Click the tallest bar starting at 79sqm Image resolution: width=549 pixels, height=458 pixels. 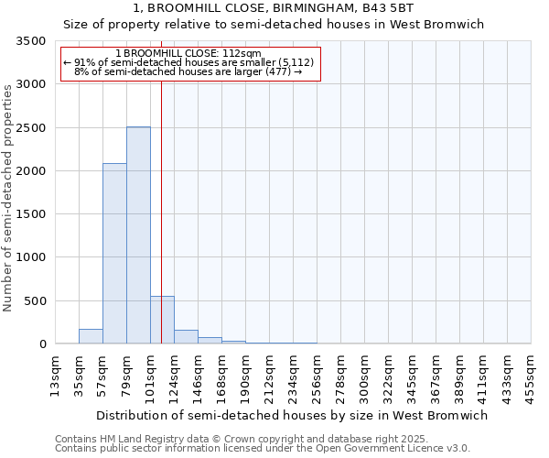point(138,235)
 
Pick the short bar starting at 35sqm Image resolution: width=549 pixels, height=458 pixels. point(91,336)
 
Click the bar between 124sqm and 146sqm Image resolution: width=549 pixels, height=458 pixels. point(186,337)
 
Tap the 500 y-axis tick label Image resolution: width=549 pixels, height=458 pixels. point(36,301)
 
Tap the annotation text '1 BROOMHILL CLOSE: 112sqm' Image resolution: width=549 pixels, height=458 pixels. point(189,54)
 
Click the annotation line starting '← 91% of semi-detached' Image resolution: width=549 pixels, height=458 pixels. point(189,62)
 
